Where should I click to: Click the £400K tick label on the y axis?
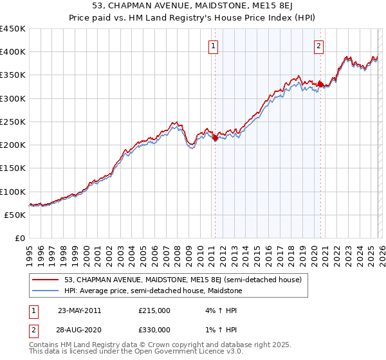(13, 52)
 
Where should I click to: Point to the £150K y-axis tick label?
(13, 168)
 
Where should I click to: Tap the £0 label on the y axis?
(19, 239)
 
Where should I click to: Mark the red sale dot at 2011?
(215, 138)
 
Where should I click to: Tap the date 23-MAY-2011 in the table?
(79, 310)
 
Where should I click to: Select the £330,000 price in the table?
(154, 330)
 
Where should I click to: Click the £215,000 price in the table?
(154, 310)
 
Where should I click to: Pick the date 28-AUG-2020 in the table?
(79, 330)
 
